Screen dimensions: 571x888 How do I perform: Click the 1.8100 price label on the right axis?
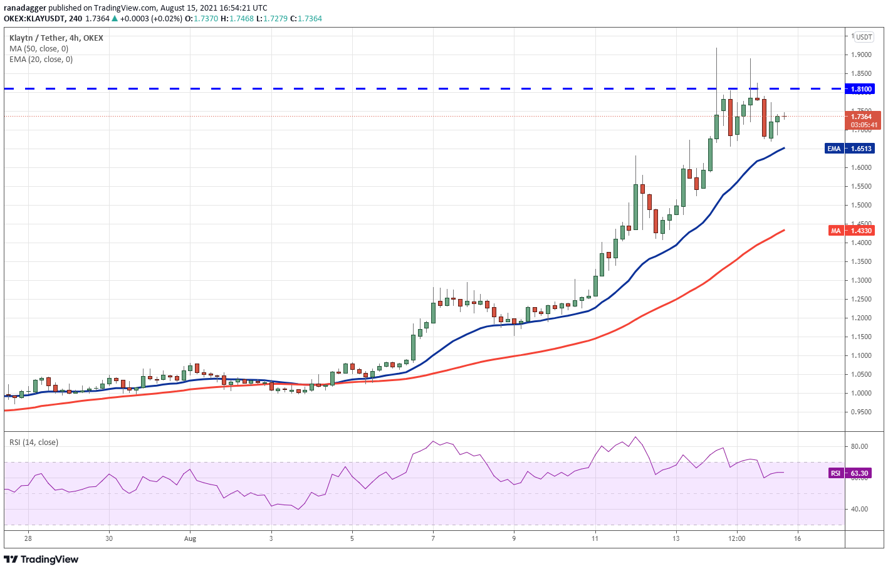click(x=861, y=89)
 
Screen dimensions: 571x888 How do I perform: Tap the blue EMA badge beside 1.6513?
click(x=833, y=149)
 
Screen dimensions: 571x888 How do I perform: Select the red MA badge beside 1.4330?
click(x=835, y=231)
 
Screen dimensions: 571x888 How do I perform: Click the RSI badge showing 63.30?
click(x=835, y=473)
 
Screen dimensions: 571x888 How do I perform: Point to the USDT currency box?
click(x=864, y=37)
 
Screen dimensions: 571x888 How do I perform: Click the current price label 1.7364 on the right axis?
click(x=862, y=117)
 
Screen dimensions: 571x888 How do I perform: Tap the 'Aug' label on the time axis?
click(x=190, y=538)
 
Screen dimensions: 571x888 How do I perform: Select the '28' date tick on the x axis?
click(x=28, y=538)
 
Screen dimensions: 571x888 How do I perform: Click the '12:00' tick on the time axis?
click(x=737, y=538)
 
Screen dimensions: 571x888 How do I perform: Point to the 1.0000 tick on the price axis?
click(x=860, y=393)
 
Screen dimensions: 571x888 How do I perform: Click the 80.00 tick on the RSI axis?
click(x=859, y=446)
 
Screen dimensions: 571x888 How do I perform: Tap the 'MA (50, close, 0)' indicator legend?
click(x=39, y=49)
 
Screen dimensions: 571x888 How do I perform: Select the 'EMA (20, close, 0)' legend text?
click(x=41, y=60)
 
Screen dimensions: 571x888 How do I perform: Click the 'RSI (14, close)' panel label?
click(x=34, y=443)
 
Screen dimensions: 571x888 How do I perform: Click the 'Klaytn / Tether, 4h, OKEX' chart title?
click(x=56, y=38)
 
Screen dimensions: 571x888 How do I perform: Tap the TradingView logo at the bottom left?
click(x=41, y=559)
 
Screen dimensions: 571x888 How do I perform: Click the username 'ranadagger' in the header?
click(x=25, y=8)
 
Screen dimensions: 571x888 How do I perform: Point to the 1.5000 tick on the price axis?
click(x=860, y=205)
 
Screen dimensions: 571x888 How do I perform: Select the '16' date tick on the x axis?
click(x=797, y=538)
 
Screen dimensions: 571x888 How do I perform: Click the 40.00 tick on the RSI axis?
click(x=859, y=509)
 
